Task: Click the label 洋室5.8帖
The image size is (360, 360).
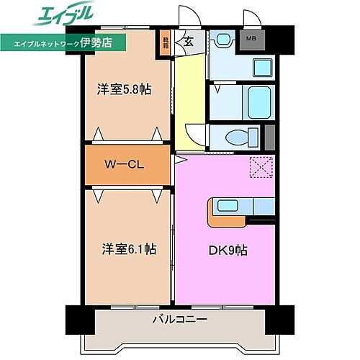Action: coord(125,91)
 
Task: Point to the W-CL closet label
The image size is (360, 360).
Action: coord(126,165)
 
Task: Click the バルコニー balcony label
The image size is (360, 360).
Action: coord(179,318)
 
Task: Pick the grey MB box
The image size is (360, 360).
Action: coord(251,39)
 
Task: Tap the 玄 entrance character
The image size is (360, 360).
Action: coord(188,41)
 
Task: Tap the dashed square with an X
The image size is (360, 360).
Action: coord(259,168)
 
